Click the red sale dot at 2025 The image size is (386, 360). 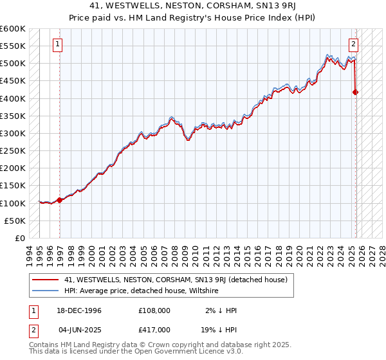356,93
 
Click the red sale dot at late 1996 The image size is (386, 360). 60,200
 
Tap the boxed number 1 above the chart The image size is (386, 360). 58,44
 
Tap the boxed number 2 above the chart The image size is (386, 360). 354,44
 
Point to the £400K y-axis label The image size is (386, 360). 13,98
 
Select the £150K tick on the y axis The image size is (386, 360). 13,185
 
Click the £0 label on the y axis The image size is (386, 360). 19,238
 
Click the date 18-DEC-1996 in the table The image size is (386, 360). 78,310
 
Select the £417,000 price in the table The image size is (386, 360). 154,328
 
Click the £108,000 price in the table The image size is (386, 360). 154,310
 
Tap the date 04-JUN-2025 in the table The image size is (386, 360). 78,328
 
